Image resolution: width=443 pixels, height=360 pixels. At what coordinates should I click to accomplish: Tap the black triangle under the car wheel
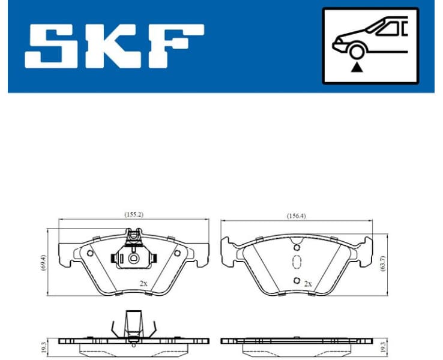click(x=357, y=67)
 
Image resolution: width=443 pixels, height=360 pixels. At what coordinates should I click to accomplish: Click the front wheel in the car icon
click(x=357, y=51)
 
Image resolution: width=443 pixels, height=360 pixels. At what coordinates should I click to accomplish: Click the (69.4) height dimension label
click(x=41, y=262)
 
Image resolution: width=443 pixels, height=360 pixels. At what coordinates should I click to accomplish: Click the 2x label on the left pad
click(x=143, y=283)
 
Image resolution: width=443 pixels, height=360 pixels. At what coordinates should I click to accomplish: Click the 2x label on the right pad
click(x=308, y=283)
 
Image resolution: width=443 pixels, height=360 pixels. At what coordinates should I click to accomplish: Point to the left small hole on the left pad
click(x=90, y=253)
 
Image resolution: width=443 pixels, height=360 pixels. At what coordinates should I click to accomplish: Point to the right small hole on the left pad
click(x=177, y=253)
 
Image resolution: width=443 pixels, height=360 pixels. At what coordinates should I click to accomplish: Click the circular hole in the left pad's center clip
click(x=134, y=259)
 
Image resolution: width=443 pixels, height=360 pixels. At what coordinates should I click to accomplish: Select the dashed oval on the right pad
click(x=296, y=263)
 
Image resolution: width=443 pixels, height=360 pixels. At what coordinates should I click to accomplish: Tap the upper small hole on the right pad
click(x=296, y=247)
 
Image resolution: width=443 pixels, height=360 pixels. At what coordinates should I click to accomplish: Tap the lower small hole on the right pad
click(x=296, y=281)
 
